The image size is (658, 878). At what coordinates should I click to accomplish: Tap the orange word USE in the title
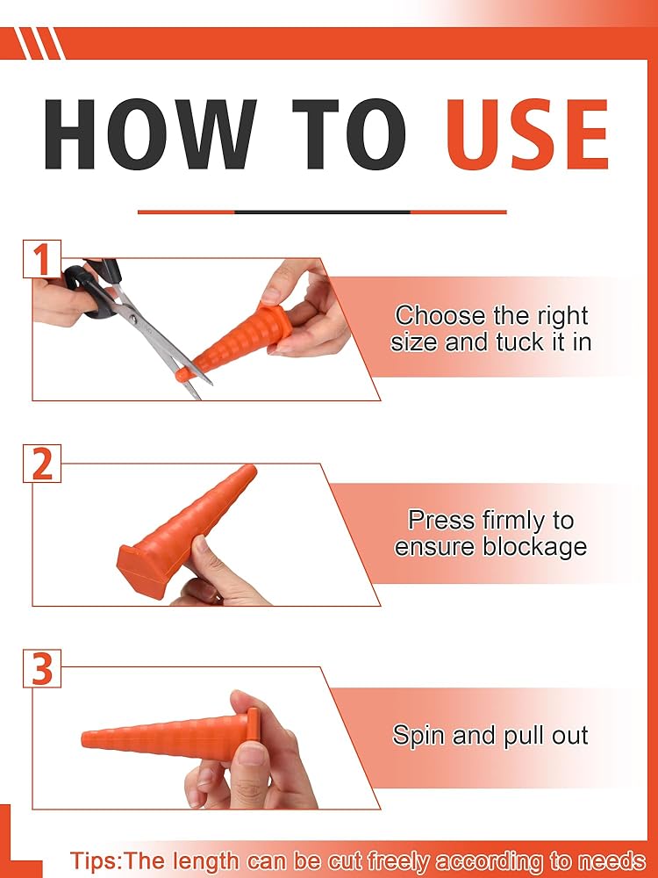coord(527,134)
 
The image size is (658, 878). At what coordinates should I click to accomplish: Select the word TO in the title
coord(349,134)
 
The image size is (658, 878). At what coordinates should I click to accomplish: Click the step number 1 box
coord(42,259)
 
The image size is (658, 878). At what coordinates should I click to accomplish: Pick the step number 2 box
coord(42,463)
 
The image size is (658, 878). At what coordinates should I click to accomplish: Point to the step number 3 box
coord(42,668)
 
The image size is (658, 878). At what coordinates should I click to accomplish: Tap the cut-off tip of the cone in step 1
coord(182,375)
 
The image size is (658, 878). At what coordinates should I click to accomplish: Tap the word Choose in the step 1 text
coord(440,316)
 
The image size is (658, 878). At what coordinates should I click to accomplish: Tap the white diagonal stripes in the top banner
coord(39,43)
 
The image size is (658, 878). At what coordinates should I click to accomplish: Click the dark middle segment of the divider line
coord(322,212)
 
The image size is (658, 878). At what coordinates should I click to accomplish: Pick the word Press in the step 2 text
coord(441,520)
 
